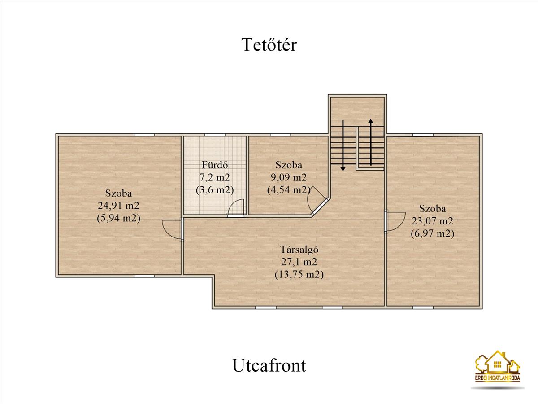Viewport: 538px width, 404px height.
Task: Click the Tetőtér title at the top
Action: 269,44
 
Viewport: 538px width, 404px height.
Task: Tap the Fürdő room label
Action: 215,165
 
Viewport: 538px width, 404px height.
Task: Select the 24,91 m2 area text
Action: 118,206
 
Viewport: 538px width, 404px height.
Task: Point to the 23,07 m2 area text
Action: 432,221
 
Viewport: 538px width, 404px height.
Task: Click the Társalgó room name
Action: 299,250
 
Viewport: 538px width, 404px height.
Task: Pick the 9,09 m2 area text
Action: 288,177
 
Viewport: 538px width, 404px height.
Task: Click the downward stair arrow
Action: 343,145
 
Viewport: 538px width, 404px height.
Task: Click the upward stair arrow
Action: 371,142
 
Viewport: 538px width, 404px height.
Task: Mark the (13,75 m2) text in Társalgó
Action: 299,274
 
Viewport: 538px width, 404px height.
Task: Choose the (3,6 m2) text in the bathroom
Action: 215,190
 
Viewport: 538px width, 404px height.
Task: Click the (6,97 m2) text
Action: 432,233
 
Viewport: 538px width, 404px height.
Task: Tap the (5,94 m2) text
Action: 118,218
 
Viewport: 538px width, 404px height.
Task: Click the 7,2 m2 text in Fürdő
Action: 215,177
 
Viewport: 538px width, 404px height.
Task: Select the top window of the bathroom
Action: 215,135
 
